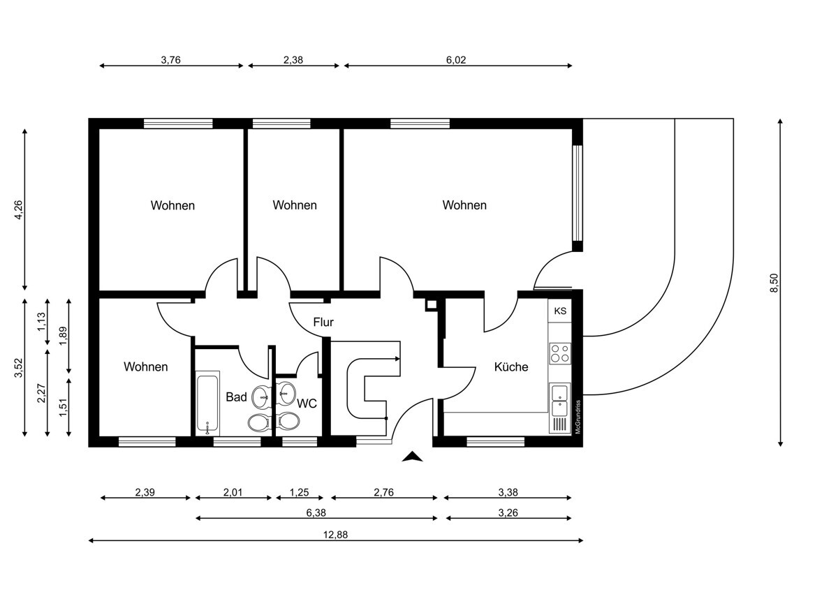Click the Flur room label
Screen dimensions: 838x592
323,322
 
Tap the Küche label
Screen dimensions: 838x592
511,367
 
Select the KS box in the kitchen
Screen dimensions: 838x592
559,311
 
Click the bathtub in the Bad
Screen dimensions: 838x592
207,404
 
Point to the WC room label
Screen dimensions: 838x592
307,404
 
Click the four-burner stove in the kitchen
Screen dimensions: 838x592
559,353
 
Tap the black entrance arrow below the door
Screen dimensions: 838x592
412,457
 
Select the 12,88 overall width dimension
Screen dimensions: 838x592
336,535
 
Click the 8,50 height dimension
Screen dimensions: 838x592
774,283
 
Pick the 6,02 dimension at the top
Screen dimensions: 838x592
455,60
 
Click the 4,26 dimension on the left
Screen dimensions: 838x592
18,210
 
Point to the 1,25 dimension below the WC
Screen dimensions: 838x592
300,492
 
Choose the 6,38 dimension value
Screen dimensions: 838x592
316,512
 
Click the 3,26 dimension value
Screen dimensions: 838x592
508,512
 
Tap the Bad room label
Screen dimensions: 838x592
236,397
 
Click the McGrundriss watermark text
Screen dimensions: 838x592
578,417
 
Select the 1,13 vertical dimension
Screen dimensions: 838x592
41,322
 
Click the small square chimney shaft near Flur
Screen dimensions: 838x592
432,305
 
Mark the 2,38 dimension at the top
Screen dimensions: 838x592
293,60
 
